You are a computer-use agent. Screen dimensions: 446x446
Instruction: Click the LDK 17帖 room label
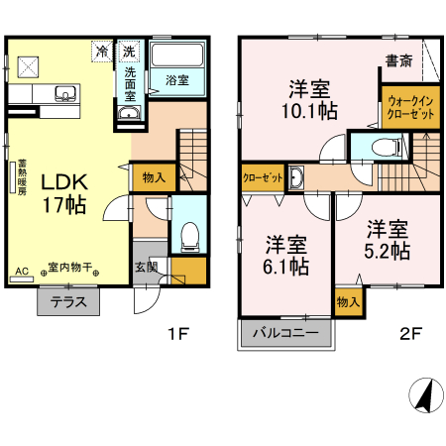64,193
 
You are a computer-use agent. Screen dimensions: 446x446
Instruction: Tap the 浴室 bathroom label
177,80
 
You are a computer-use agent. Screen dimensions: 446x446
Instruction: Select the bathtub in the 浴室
177,55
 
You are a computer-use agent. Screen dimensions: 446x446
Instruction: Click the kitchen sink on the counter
66,93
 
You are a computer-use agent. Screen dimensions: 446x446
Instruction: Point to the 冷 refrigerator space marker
102,52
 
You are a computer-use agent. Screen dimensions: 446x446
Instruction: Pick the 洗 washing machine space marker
129,52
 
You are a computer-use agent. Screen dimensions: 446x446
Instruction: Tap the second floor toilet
386,147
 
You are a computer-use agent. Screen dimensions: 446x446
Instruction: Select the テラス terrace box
68,301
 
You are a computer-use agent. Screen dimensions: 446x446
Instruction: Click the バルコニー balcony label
285,332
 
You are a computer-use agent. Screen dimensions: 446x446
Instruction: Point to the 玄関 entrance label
147,268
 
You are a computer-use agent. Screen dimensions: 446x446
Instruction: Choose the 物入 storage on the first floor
154,178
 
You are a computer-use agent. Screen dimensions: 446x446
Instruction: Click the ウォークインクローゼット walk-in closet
410,108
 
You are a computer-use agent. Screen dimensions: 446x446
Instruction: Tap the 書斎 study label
398,61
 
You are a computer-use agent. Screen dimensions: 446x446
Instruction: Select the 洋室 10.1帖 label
309,100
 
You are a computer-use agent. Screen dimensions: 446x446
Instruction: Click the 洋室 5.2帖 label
388,240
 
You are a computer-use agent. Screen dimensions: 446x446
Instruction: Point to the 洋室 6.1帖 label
286,256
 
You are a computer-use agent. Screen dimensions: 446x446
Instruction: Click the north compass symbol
426,395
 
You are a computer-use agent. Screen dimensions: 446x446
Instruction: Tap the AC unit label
22,272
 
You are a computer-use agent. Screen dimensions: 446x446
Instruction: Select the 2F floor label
410,334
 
